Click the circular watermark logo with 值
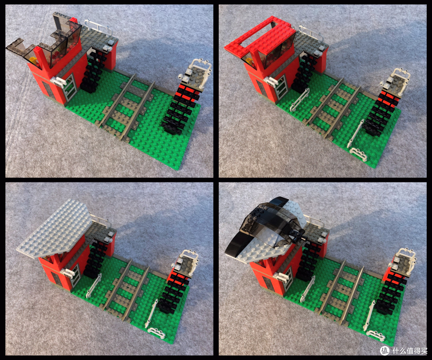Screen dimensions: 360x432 [385, 350]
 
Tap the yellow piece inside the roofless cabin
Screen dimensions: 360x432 [34, 61]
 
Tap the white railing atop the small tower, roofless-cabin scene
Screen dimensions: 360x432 [200, 68]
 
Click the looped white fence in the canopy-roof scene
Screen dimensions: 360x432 [376, 335]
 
